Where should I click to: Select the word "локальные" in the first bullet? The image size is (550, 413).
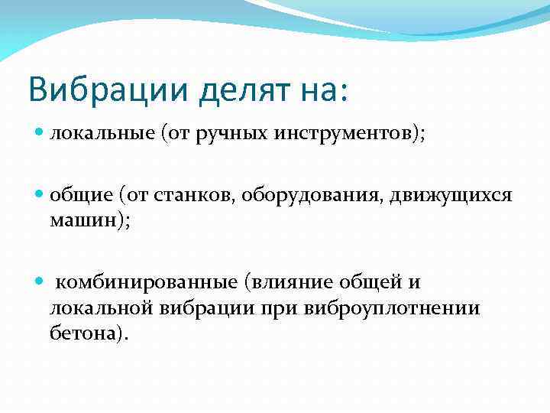[100, 135]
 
